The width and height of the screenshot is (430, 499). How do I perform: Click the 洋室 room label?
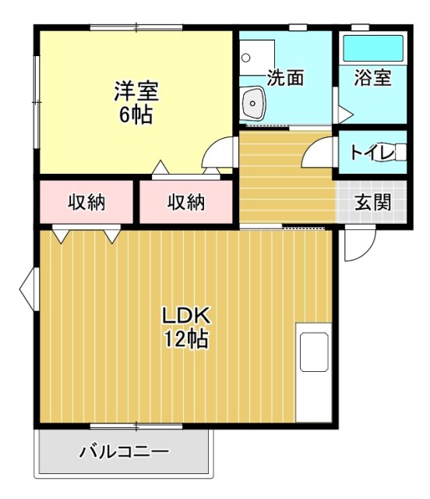tap(136, 91)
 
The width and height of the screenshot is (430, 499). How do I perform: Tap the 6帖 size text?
tap(136, 115)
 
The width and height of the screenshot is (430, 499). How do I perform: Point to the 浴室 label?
tap(372, 78)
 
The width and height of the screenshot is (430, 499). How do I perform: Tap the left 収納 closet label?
tap(86, 202)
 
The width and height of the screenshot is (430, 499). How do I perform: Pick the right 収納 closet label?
tap(186, 202)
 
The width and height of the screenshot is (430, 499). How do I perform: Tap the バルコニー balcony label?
tap(124, 451)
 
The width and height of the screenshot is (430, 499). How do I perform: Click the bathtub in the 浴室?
tap(373, 49)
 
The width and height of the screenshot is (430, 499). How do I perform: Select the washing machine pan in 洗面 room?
tap(256, 56)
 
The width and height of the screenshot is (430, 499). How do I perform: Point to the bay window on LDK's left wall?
tap(27, 288)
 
